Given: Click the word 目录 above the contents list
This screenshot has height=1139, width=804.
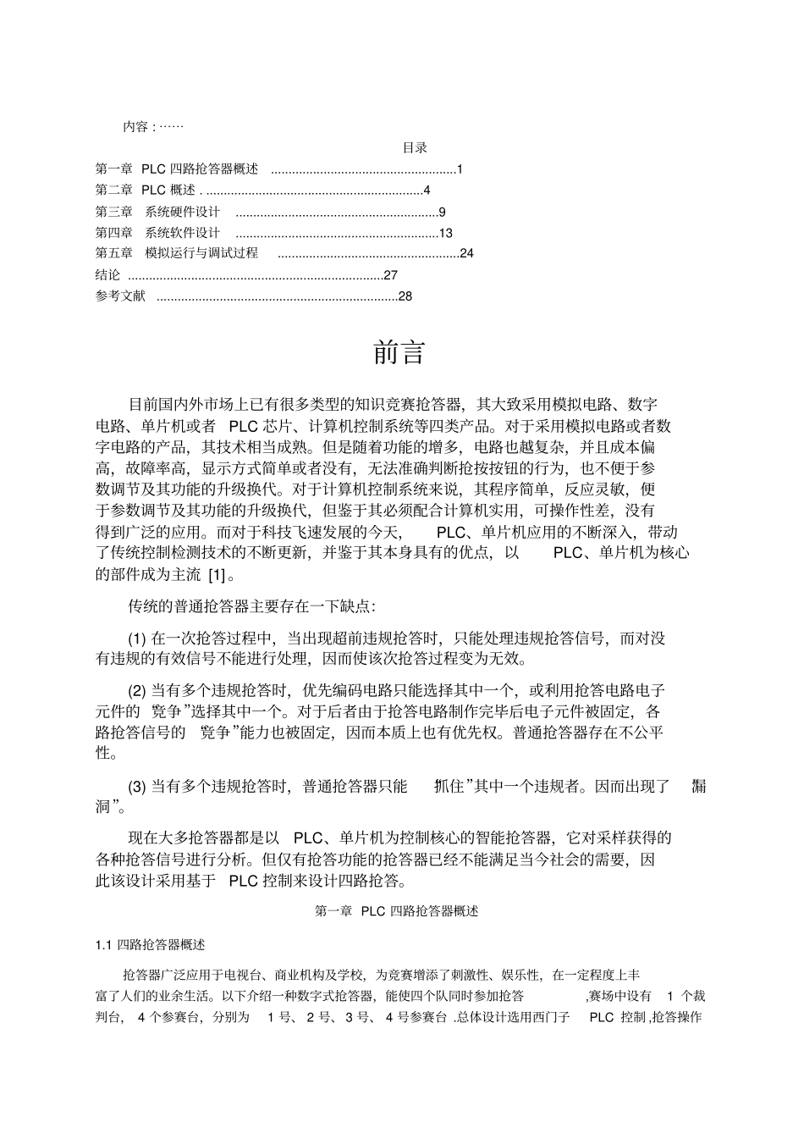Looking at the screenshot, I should [415, 148].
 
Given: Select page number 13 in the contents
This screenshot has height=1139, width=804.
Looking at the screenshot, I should [446, 233].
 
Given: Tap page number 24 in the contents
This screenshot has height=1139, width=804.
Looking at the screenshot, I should [466, 254].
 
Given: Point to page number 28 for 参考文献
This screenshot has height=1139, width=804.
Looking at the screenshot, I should [405, 296].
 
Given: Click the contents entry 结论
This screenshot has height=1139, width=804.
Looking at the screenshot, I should [107, 275].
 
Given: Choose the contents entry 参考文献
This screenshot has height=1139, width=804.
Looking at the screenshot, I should [120, 296].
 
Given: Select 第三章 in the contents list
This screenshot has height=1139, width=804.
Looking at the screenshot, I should [113, 212].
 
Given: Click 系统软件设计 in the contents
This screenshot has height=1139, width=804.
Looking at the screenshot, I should [182, 233].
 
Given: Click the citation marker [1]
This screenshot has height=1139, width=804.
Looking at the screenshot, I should [217, 576].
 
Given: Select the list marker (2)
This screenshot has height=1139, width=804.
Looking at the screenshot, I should [137, 691].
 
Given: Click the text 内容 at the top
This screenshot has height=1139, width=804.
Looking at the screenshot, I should [135, 127].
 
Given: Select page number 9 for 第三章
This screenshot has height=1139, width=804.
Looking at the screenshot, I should [442, 212].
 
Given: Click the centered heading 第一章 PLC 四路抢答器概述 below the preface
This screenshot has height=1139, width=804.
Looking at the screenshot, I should [396, 911].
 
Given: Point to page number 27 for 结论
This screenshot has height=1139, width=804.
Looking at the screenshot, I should [390, 275].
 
